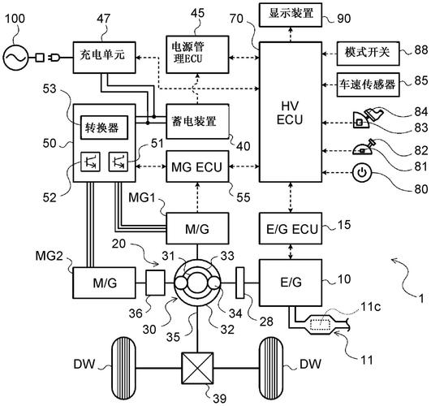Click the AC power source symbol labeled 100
[x=15, y=58]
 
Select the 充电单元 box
[x=104, y=58]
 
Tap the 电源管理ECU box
[x=197, y=54]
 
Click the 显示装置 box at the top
[x=291, y=15]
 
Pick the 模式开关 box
[x=368, y=54]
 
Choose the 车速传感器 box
[x=368, y=84]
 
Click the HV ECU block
[x=291, y=112]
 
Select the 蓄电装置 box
[x=197, y=121]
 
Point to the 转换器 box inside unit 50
[x=104, y=127]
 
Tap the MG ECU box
[x=197, y=166]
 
